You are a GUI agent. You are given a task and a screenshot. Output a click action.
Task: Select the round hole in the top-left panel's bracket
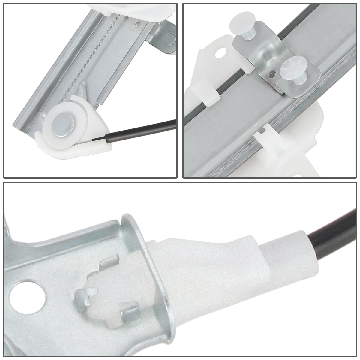click(x=171, y=38)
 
